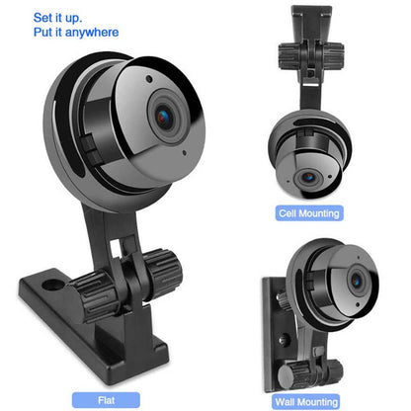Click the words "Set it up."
point(57,18)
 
